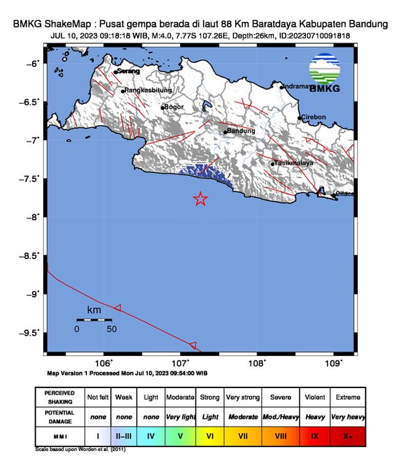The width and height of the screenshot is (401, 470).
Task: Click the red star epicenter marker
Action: click(200, 199)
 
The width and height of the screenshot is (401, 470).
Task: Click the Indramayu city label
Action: click(302, 87)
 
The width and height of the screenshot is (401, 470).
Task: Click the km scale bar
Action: click(94, 320)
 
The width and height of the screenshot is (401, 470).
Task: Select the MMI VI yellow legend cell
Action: click(210, 436)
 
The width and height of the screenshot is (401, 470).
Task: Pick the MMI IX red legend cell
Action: click(314, 436)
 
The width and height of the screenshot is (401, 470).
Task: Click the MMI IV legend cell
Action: click(151, 436)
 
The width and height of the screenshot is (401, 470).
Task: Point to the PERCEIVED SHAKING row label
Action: click(59, 397)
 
